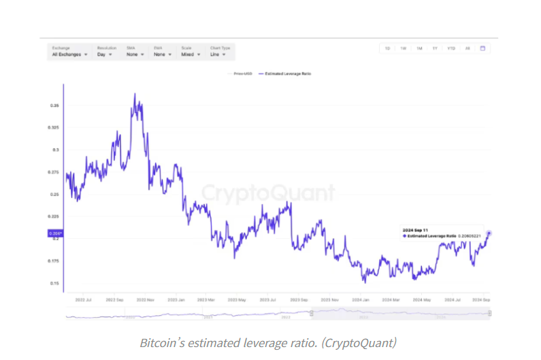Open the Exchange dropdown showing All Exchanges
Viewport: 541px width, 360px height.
pos(69,54)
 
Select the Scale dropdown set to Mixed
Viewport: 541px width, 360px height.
pos(190,54)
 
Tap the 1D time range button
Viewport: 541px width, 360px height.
pos(387,48)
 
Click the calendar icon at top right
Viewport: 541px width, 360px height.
pos(482,48)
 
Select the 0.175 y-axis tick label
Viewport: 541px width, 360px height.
pos(54,261)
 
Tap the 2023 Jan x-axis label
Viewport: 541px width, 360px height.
pos(177,299)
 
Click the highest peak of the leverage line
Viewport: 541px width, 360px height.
pos(135,94)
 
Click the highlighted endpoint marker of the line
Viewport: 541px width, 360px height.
pos(489,233)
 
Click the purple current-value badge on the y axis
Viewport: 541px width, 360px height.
pos(55,233)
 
